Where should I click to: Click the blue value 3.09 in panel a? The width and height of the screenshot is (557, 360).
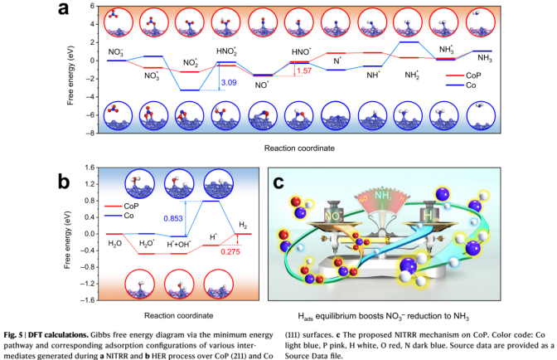point(227,83)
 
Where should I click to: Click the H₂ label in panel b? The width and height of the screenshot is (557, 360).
point(242,224)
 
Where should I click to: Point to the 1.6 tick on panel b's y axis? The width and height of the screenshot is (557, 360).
point(87,299)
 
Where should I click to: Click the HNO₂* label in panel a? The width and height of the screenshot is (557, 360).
point(226,51)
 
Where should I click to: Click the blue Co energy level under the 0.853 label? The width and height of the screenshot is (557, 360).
point(210,201)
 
